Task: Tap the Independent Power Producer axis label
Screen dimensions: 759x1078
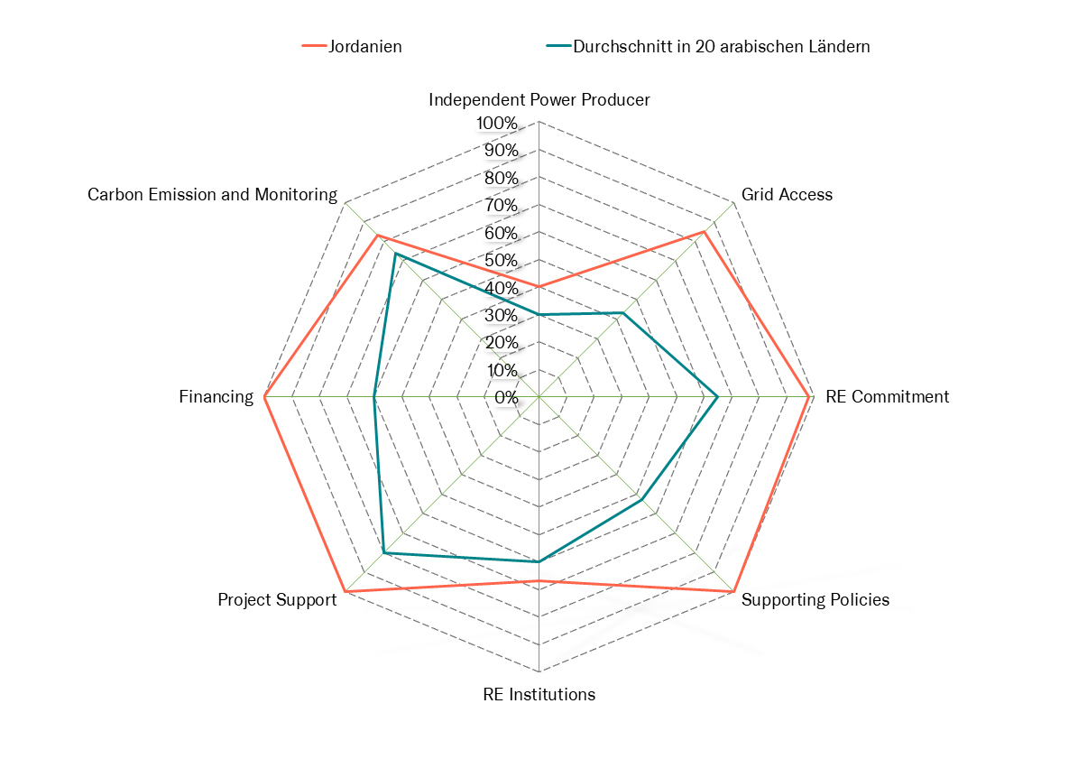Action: pos(539,100)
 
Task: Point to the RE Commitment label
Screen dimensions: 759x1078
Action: pos(887,397)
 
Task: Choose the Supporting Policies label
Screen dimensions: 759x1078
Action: pos(815,600)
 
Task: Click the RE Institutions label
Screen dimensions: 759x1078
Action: pos(539,695)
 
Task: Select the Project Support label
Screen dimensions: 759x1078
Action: pos(277,600)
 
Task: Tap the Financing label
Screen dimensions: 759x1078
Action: pos(217,397)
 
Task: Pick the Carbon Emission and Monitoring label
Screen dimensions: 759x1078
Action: pos(212,195)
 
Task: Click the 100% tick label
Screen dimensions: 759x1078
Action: pos(497,123)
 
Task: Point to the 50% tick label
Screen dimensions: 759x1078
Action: pos(501,261)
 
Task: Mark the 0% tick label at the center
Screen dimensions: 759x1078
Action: pos(506,397)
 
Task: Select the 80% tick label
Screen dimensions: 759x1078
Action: pos(501,178)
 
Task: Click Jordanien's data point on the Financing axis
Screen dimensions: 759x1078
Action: pos(264,397)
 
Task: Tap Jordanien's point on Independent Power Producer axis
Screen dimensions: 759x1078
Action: pos(539,287)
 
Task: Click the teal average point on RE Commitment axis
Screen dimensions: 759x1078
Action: pos(717,397)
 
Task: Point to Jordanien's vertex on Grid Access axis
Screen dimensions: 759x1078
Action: pos(705,232)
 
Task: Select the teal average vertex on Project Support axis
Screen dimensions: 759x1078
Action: pos(383,553)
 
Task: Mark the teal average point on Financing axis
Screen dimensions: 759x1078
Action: pos(374,397)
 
